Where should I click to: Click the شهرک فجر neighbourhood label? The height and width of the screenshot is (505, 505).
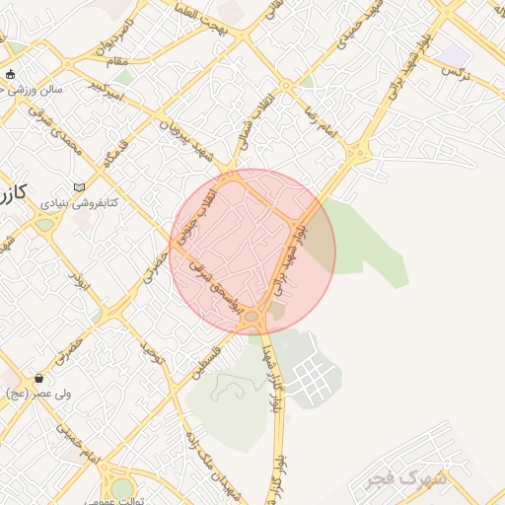[x=406, y=479]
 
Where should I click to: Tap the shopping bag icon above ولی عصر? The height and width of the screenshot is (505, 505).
[x=38, y=378]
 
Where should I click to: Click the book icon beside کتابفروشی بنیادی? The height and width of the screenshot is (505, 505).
[x=80, y=187]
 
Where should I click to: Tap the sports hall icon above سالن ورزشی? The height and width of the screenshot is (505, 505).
[x=11, y=74]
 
